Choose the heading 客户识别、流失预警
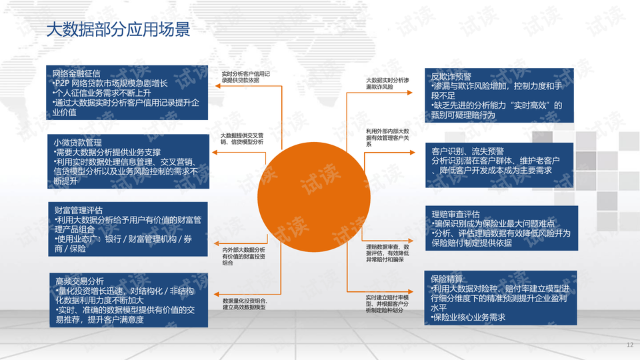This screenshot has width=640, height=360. pos(467,151)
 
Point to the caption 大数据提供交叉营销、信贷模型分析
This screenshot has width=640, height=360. pos(245,139)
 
